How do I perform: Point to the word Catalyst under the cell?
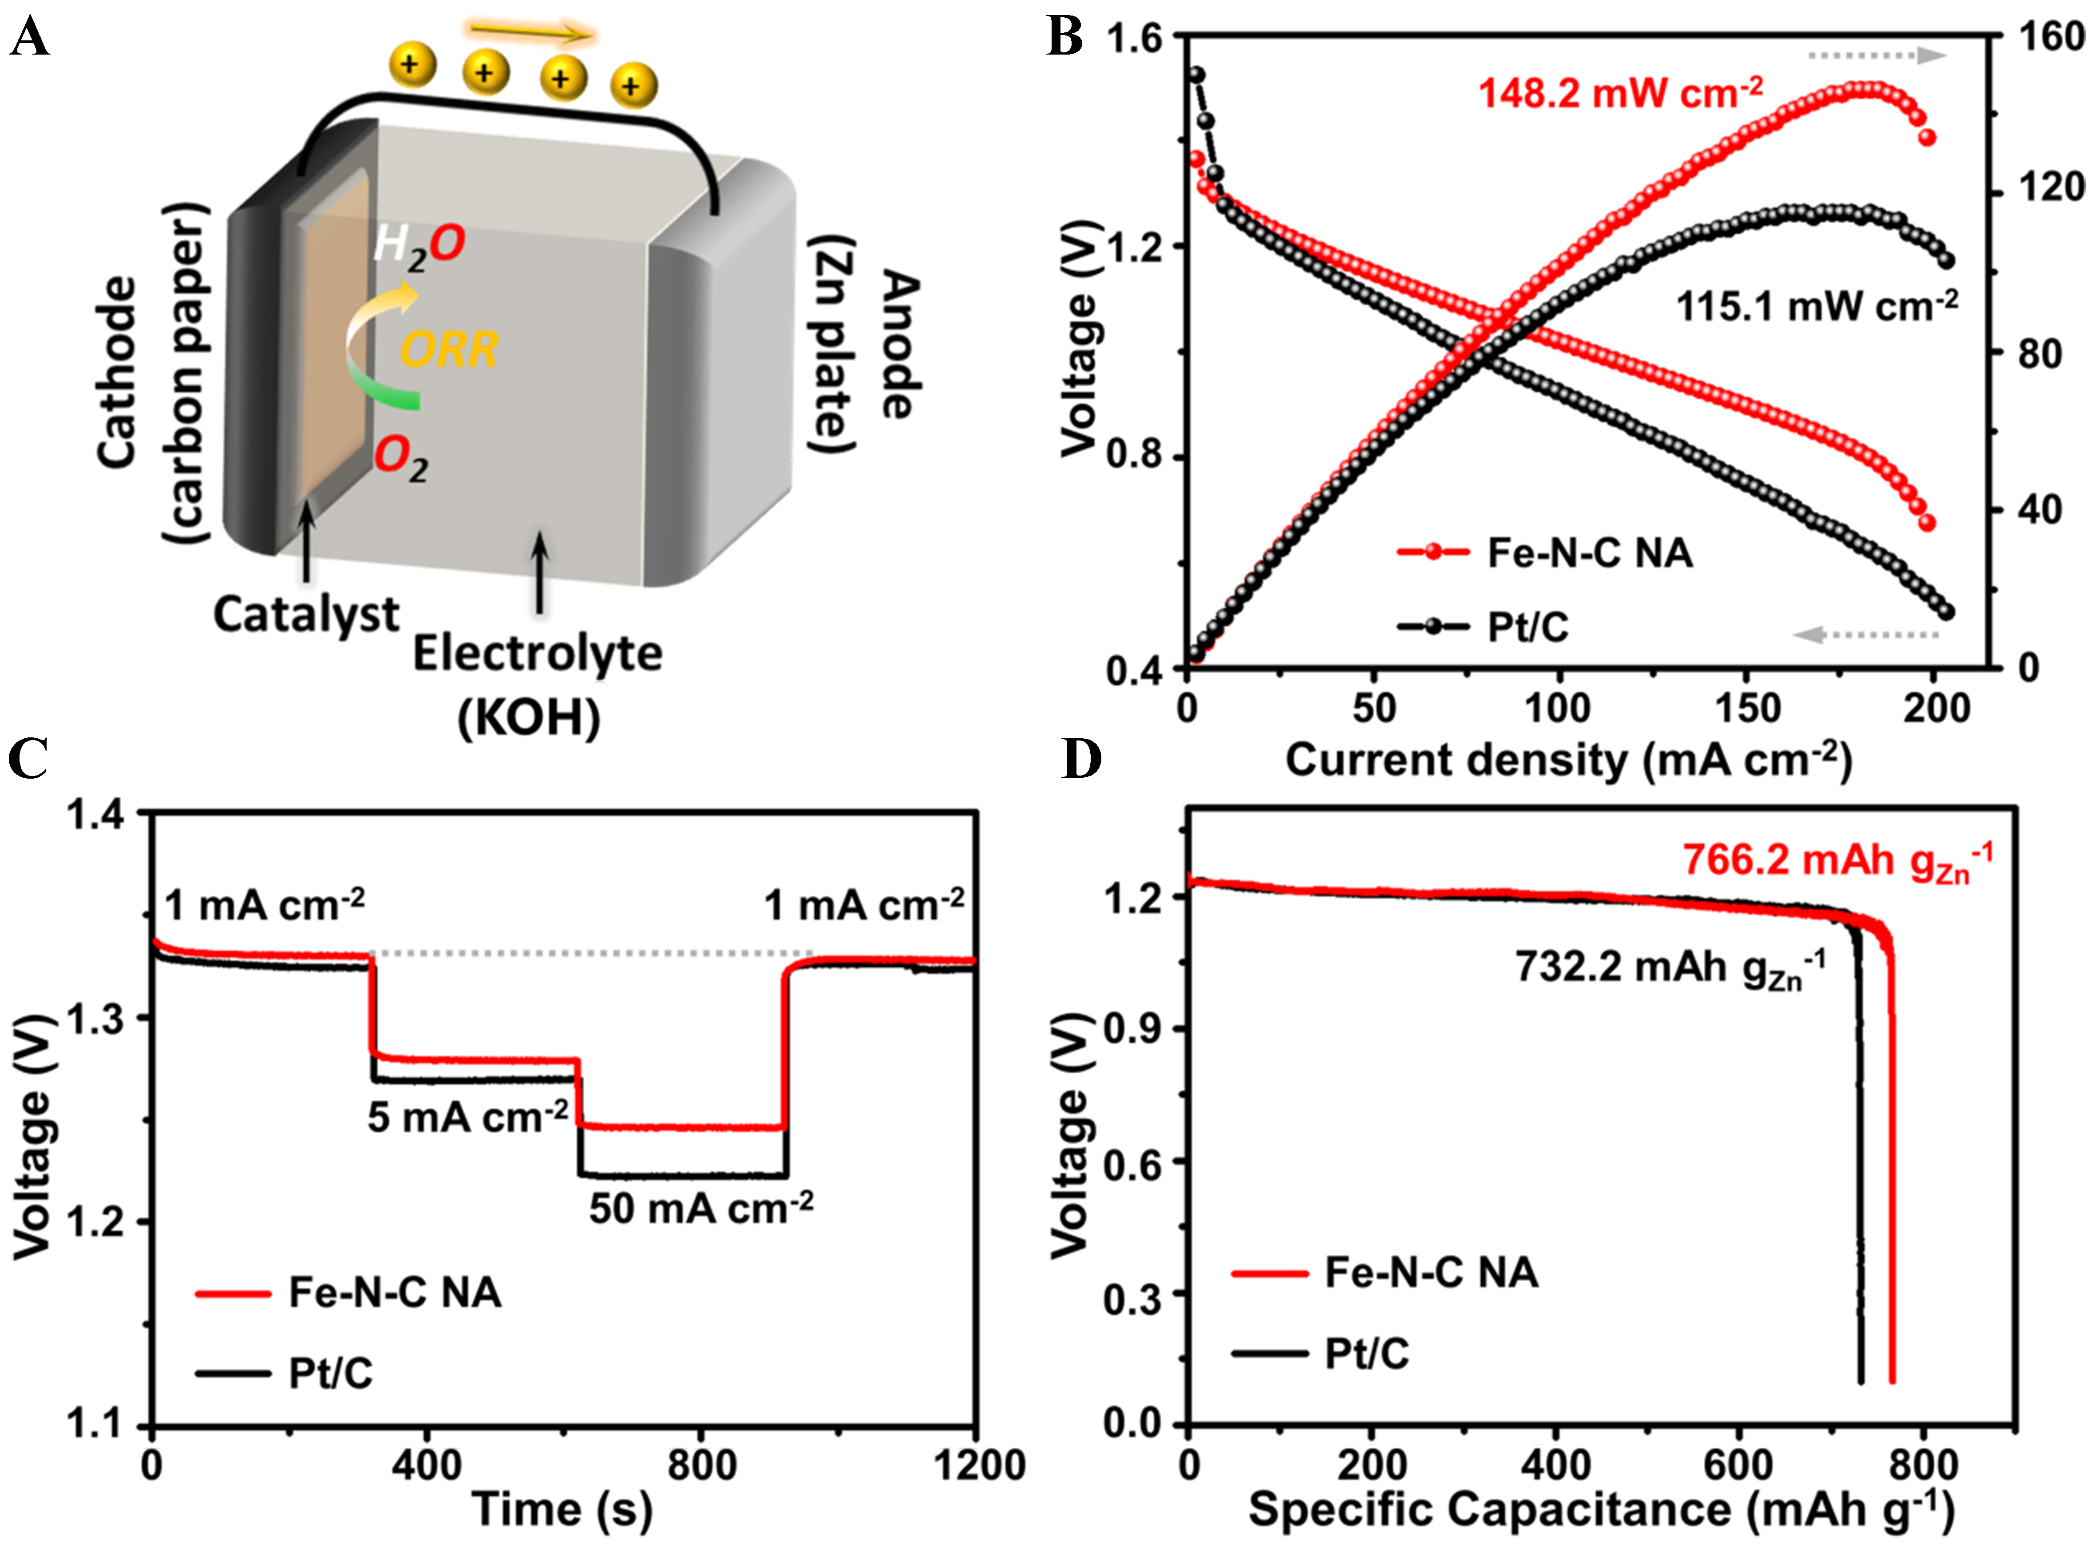click(x=306, y=615)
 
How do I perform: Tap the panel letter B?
click(x=1064, y=37)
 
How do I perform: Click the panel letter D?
click(x=1082, y=759)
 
